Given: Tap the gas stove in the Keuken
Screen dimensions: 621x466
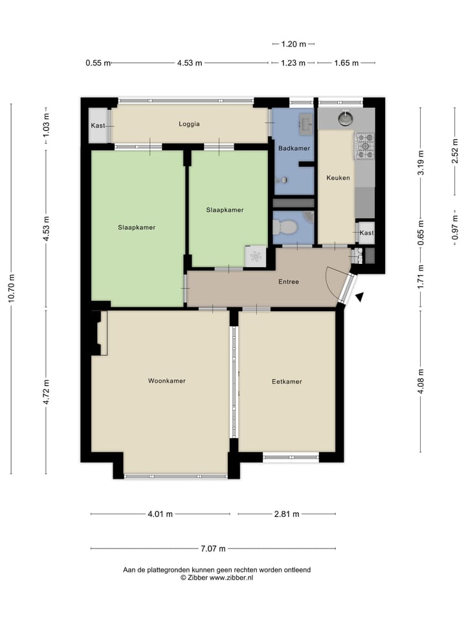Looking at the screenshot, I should click(364, 146).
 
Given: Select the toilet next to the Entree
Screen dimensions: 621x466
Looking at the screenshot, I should click(285, 227).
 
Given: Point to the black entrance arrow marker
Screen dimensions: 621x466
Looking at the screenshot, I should click(359, 296).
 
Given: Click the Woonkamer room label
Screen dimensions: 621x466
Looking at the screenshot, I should click(166, 381).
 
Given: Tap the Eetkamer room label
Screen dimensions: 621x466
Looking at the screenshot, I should click(287, 382).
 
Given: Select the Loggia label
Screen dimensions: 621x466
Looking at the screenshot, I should click(190, 124).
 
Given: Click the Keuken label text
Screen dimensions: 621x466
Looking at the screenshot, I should click(337, 177).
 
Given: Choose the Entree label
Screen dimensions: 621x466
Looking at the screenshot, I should click(289, 281).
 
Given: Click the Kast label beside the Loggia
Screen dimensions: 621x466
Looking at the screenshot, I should click(98, 125).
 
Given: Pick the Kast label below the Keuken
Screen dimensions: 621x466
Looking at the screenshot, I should click(366, 233).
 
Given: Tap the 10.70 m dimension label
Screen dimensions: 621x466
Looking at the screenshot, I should click(12, 289).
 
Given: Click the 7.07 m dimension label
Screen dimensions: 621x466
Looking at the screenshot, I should click(213, 549).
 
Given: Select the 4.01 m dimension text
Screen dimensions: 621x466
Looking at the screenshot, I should click(160, 514).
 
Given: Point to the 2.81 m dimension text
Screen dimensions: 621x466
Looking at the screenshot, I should click(287, 514).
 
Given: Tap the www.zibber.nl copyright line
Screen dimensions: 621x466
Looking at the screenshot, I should click(216, 577).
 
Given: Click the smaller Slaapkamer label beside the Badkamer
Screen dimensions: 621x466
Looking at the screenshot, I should click(225, 210).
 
